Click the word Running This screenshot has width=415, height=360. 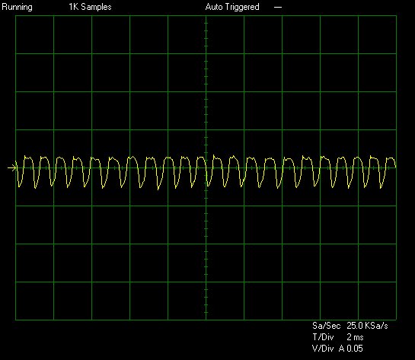click(17, 7)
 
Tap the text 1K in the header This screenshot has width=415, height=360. click(74, 7)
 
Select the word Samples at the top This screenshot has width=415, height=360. click(97, 7)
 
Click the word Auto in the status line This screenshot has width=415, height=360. click(214, 7)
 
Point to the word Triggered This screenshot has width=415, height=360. click(242, 7)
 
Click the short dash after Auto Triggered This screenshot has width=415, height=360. click(278, 8)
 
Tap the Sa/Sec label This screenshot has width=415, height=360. click(327, 325)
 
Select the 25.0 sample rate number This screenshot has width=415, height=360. click(355, 325)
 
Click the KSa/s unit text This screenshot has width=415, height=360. click(376, 325)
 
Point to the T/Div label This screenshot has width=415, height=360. click(323, 337)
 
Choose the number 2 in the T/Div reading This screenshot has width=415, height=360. click(349, 337)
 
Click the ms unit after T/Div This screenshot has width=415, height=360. click(359, 337)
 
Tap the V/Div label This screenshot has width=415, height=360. click(323, 349)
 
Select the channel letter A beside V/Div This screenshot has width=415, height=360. click(342, 349)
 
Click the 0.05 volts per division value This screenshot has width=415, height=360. click(355, 349)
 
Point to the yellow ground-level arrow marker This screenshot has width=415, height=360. click(12, 167)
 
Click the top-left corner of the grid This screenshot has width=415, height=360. click(16, 16)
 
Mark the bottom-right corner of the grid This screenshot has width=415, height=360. click(396, 320)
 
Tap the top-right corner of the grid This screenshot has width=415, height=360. click(396, 16)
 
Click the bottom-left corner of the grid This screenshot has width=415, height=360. click(16, 320)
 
